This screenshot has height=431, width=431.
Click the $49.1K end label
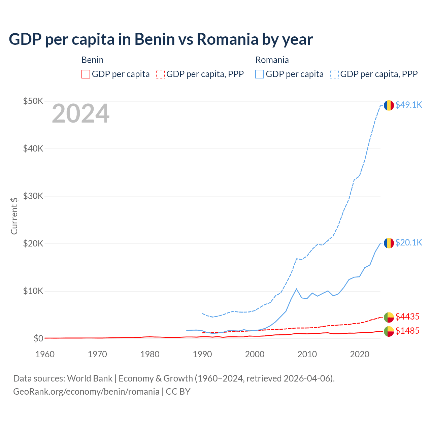[408, 105]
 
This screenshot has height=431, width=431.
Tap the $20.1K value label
[408, 243]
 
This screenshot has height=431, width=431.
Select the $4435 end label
[407, 317]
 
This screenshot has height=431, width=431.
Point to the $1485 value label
[407, 331]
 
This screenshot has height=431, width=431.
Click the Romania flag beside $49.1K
[389, 105]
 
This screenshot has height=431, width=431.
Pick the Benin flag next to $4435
[389, 317]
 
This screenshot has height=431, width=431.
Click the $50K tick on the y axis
[33, 101]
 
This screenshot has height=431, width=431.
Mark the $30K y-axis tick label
[33, 196]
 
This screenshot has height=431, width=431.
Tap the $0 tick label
[38, 338]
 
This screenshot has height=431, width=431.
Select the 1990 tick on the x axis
[202, 354]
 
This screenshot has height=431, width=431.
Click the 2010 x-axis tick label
[307, 354]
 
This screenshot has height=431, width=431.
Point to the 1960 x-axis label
[45, 354]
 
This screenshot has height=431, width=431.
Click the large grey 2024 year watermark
[80, 114]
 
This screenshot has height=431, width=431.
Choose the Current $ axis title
[14, 216]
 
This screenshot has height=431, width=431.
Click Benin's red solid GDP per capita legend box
[86, 74]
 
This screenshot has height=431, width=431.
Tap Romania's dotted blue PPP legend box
[334, 74]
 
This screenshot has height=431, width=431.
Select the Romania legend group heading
[272, 60]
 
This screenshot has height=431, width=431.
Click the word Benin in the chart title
[155, 39]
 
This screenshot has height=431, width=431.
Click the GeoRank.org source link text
[86, 392]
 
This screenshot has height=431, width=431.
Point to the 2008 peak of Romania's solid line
[296, 289]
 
